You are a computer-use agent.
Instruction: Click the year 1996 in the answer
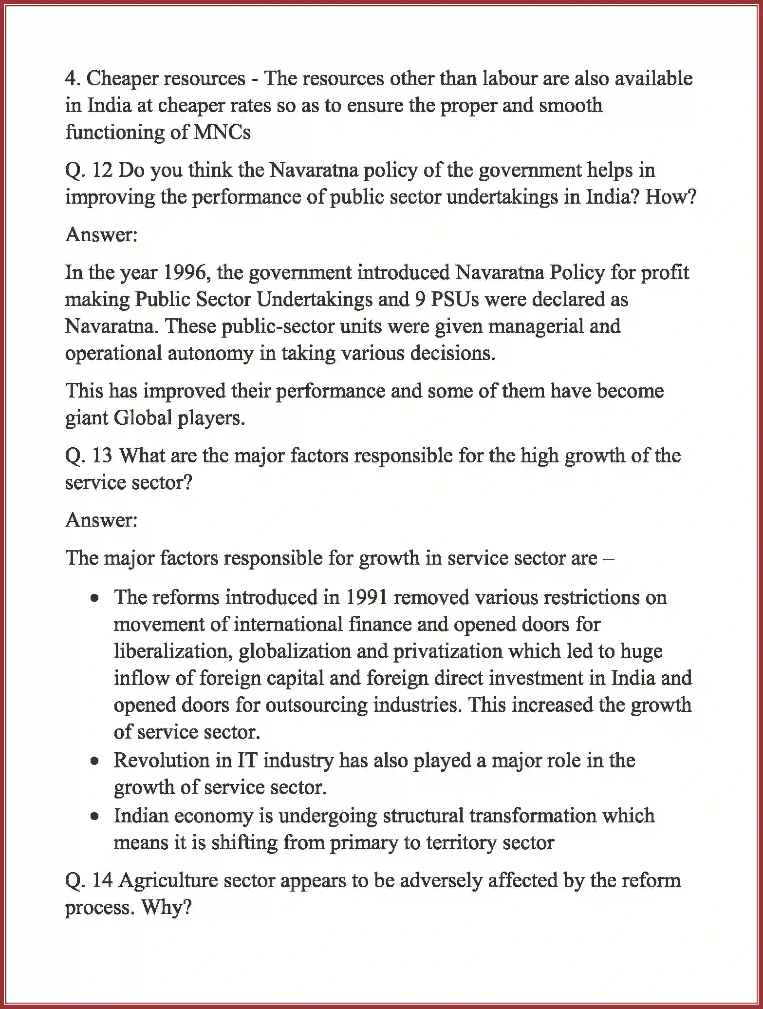coord(186,272)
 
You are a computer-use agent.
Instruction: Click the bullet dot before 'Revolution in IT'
coord(95,761)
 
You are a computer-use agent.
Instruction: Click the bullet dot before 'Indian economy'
coord(95,816)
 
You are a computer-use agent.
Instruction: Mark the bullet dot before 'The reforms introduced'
coord(95,598)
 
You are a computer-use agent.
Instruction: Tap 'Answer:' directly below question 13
coord(102,520)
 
